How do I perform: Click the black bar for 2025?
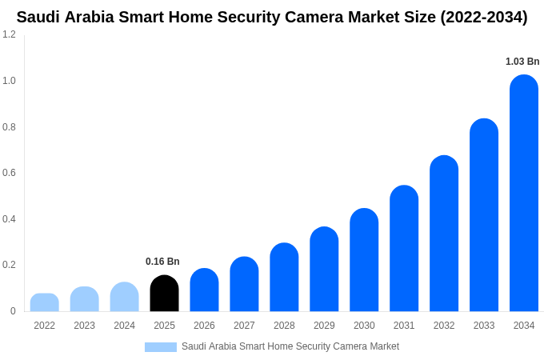(x=164, y=294)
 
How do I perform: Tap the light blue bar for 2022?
(x=44, y=302)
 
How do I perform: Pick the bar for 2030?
(x=364, y=260)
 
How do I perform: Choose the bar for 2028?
(x=284, y=278)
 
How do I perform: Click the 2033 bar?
(x=484, y=215)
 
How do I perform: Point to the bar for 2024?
(x=124, y=297)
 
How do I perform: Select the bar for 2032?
(x=444, y=234)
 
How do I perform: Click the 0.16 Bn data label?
(x=162, y=262)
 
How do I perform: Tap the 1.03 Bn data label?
(x=522, y=62)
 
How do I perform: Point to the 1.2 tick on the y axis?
(x=9, y=34)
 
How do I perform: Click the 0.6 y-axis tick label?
(x=9, y=173)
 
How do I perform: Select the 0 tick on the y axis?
(x=13, y=311)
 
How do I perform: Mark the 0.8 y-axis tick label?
(x=9, y=127)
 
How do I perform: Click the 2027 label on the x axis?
(x=244, y=326)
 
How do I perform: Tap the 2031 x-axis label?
(x=404, y=326)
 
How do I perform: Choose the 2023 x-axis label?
(x=84, y=326)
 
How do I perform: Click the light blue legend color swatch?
(x=160, y=347)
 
